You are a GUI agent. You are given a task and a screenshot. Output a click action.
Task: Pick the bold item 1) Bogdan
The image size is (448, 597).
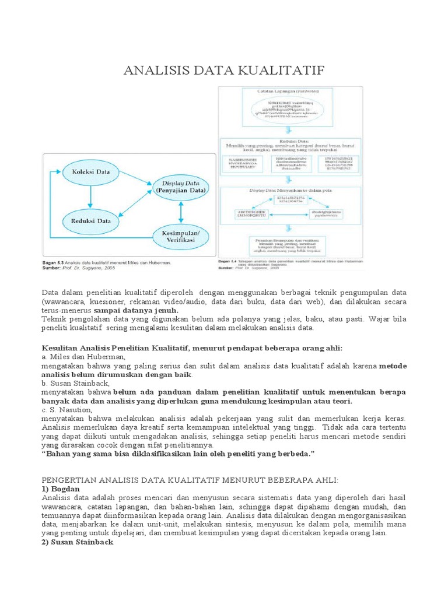(60, 488)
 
